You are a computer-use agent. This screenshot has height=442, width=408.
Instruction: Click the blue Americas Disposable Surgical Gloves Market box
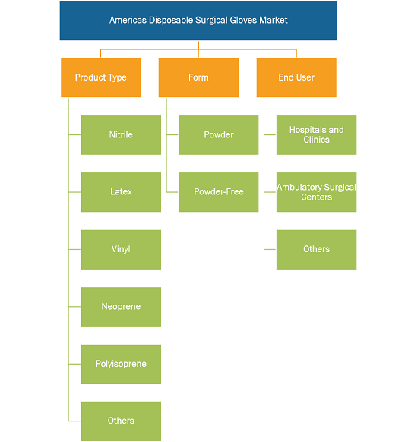[x=198, y=21]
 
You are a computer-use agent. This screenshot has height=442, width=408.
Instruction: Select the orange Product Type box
[x=100, y=77]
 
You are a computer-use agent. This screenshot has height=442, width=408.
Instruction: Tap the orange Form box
[x=198, y=77]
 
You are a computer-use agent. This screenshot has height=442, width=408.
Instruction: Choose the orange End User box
[x=296, y=77]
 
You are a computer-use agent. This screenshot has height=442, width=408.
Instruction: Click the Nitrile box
[x=121, y=135]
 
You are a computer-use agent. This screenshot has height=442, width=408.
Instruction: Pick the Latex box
[x=121, y=192]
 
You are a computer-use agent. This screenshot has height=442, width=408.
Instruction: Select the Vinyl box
[x=121, y=249]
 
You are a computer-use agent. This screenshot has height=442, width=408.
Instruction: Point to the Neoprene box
[x=121, y=307]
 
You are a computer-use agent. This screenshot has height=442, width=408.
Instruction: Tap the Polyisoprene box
[x=121, y=364]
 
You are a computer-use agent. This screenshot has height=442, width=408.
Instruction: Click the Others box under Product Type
[x=121, y=421]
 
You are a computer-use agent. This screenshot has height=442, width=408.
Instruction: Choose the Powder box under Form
[x=219, y=135]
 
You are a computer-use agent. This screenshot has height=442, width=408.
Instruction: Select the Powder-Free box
[x=219, y=192]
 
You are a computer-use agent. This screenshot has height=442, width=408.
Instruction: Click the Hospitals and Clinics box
[x=316, y=135]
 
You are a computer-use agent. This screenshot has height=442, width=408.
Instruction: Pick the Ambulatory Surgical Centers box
[x=316, y=192]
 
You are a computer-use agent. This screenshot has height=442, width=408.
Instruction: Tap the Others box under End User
[x=316, y=249]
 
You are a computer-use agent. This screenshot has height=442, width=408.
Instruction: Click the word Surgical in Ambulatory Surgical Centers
[x=340, y=188]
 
